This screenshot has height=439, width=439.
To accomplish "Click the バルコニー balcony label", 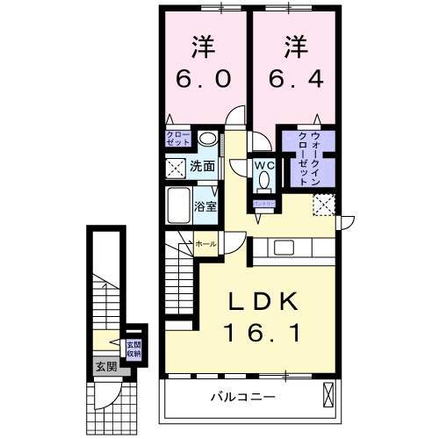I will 245,397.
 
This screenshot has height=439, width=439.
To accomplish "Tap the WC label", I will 264,163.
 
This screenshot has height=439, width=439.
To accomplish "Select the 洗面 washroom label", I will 203,165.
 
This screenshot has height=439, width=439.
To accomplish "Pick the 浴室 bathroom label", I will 207,207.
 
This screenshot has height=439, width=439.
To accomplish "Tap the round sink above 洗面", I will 206,140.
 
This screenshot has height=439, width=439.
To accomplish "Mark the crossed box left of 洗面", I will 176,166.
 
